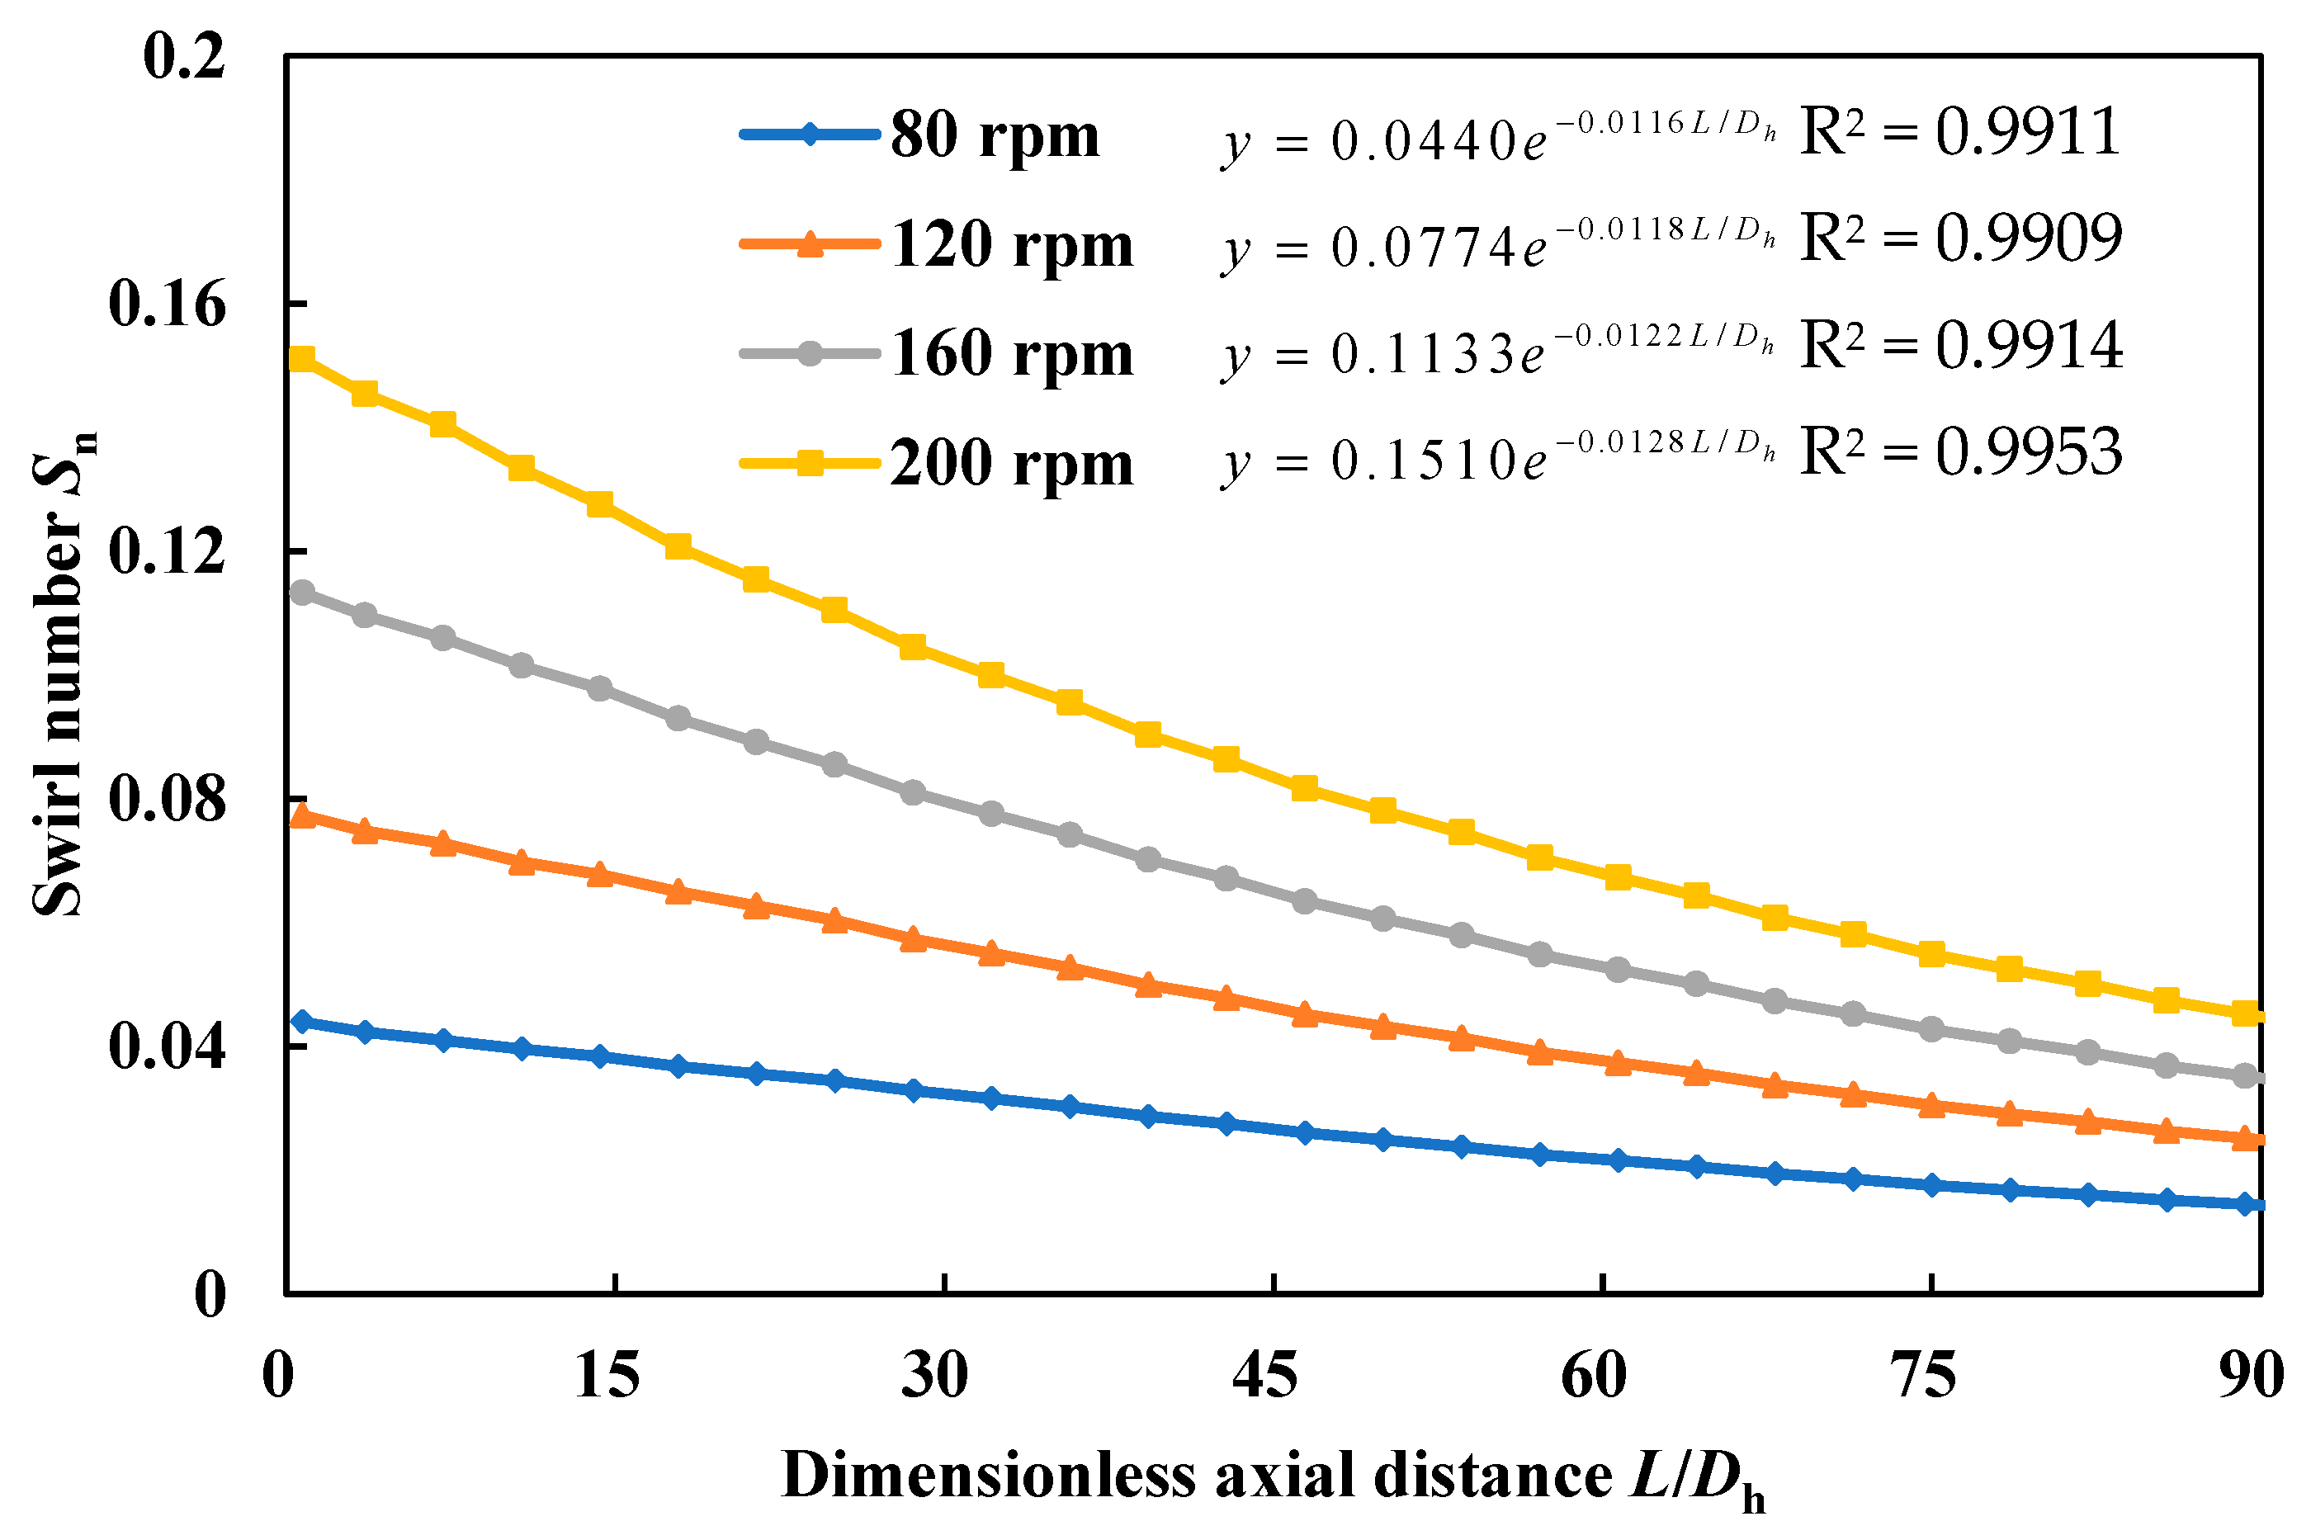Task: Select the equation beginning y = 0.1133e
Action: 1498,350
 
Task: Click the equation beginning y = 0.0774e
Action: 1498,243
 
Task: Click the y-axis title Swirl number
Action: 61,673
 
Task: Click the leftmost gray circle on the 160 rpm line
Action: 301,593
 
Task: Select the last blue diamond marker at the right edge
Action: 2245,1204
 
